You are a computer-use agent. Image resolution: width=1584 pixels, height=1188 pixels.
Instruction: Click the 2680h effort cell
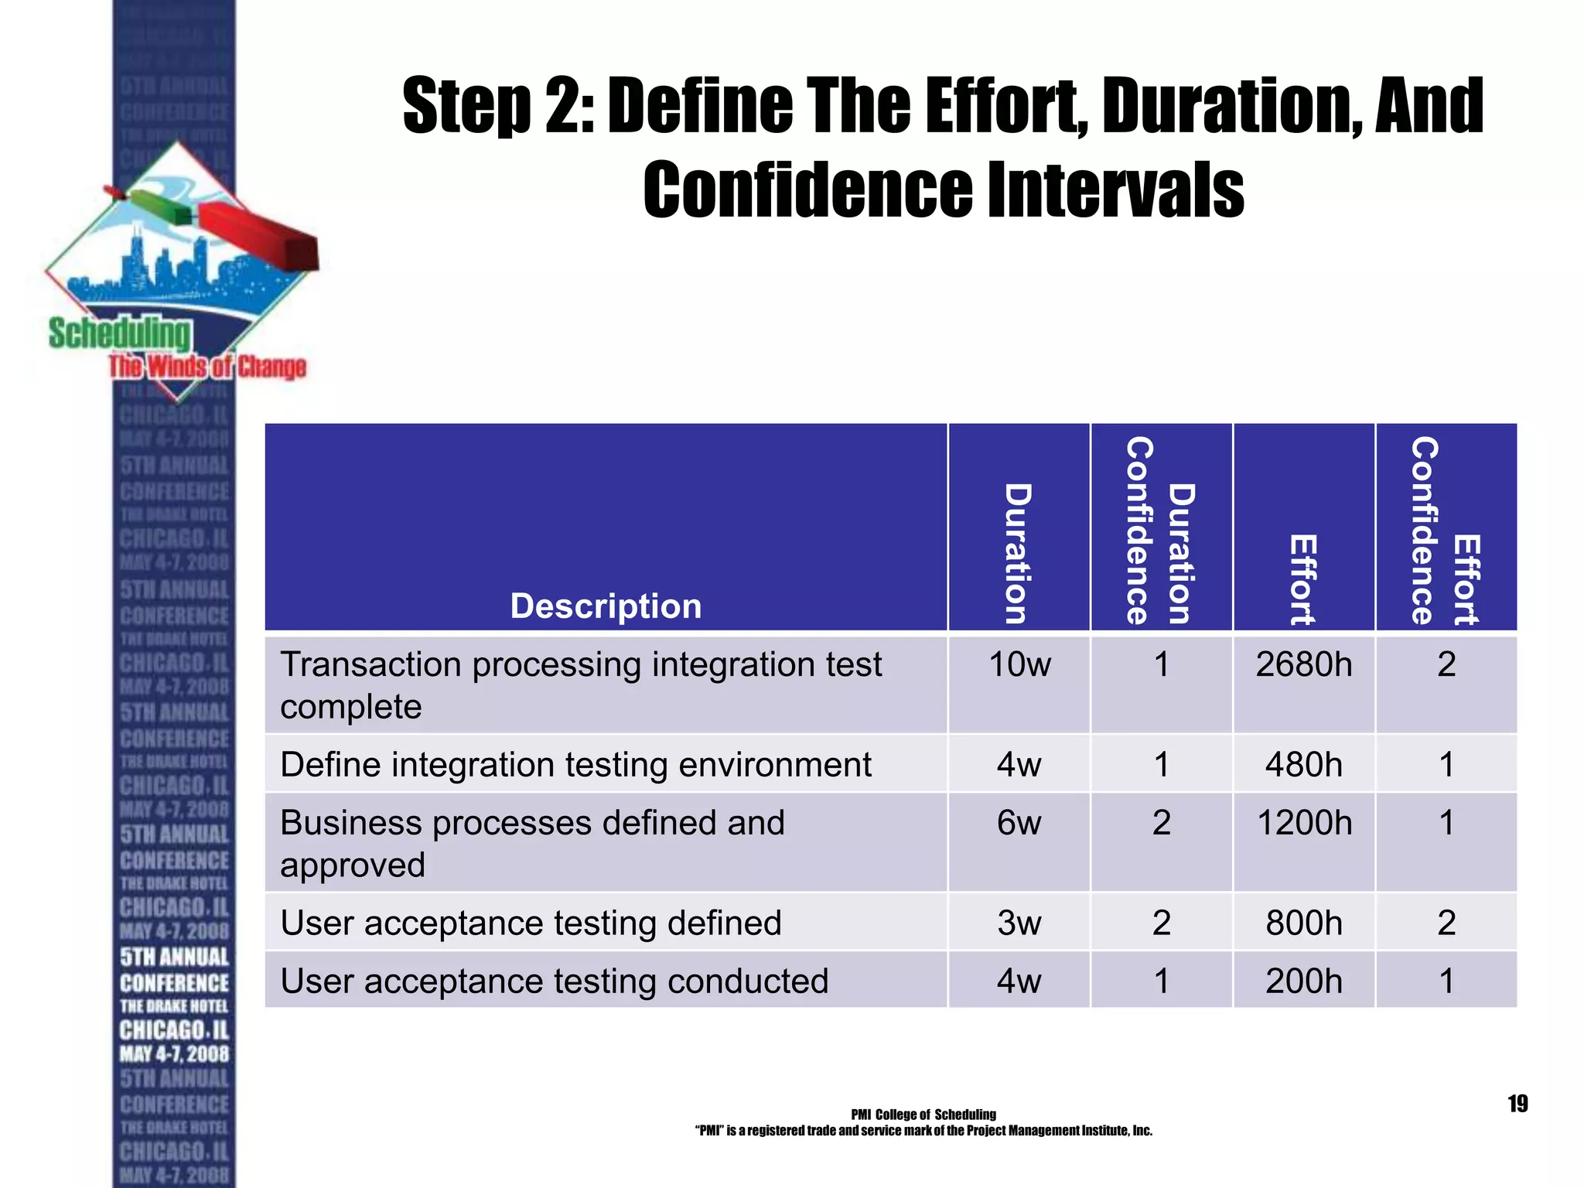[1303, 665]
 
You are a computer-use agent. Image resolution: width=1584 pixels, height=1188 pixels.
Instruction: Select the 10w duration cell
[1019, 665]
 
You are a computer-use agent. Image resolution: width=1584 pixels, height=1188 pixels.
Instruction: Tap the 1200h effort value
[1304, 823]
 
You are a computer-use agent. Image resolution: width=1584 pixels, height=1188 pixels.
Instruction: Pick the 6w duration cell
[1019, 823]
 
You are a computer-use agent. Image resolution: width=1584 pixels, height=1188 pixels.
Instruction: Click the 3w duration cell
[1019, 923]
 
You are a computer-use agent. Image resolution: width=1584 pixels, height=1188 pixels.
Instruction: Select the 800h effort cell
[1304, 923]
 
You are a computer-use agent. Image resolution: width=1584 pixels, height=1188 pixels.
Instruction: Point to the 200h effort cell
[1304, 981]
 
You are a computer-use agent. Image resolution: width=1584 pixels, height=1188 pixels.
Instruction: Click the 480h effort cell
[1304, 765]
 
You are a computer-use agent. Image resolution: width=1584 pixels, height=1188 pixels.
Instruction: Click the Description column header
[606, 606]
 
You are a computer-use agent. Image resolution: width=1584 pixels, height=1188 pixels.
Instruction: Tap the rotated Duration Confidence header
[1160, 531]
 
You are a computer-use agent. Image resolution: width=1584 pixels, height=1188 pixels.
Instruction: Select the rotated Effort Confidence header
[1446, 531]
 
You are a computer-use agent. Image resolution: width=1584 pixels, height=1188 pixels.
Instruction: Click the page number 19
[1517, 1104]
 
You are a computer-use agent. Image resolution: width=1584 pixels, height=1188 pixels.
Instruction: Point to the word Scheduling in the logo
[119, 334]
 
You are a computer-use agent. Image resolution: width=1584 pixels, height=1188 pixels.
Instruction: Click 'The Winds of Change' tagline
[207, 367]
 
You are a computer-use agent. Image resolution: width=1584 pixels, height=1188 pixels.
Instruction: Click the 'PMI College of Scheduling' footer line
[923, 1115]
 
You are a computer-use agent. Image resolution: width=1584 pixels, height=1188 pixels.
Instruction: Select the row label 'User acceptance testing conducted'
[554, 981]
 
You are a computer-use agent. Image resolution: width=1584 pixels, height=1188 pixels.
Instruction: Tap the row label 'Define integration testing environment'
[575, 765]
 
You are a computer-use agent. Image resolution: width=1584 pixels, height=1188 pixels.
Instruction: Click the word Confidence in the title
[807, 190]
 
